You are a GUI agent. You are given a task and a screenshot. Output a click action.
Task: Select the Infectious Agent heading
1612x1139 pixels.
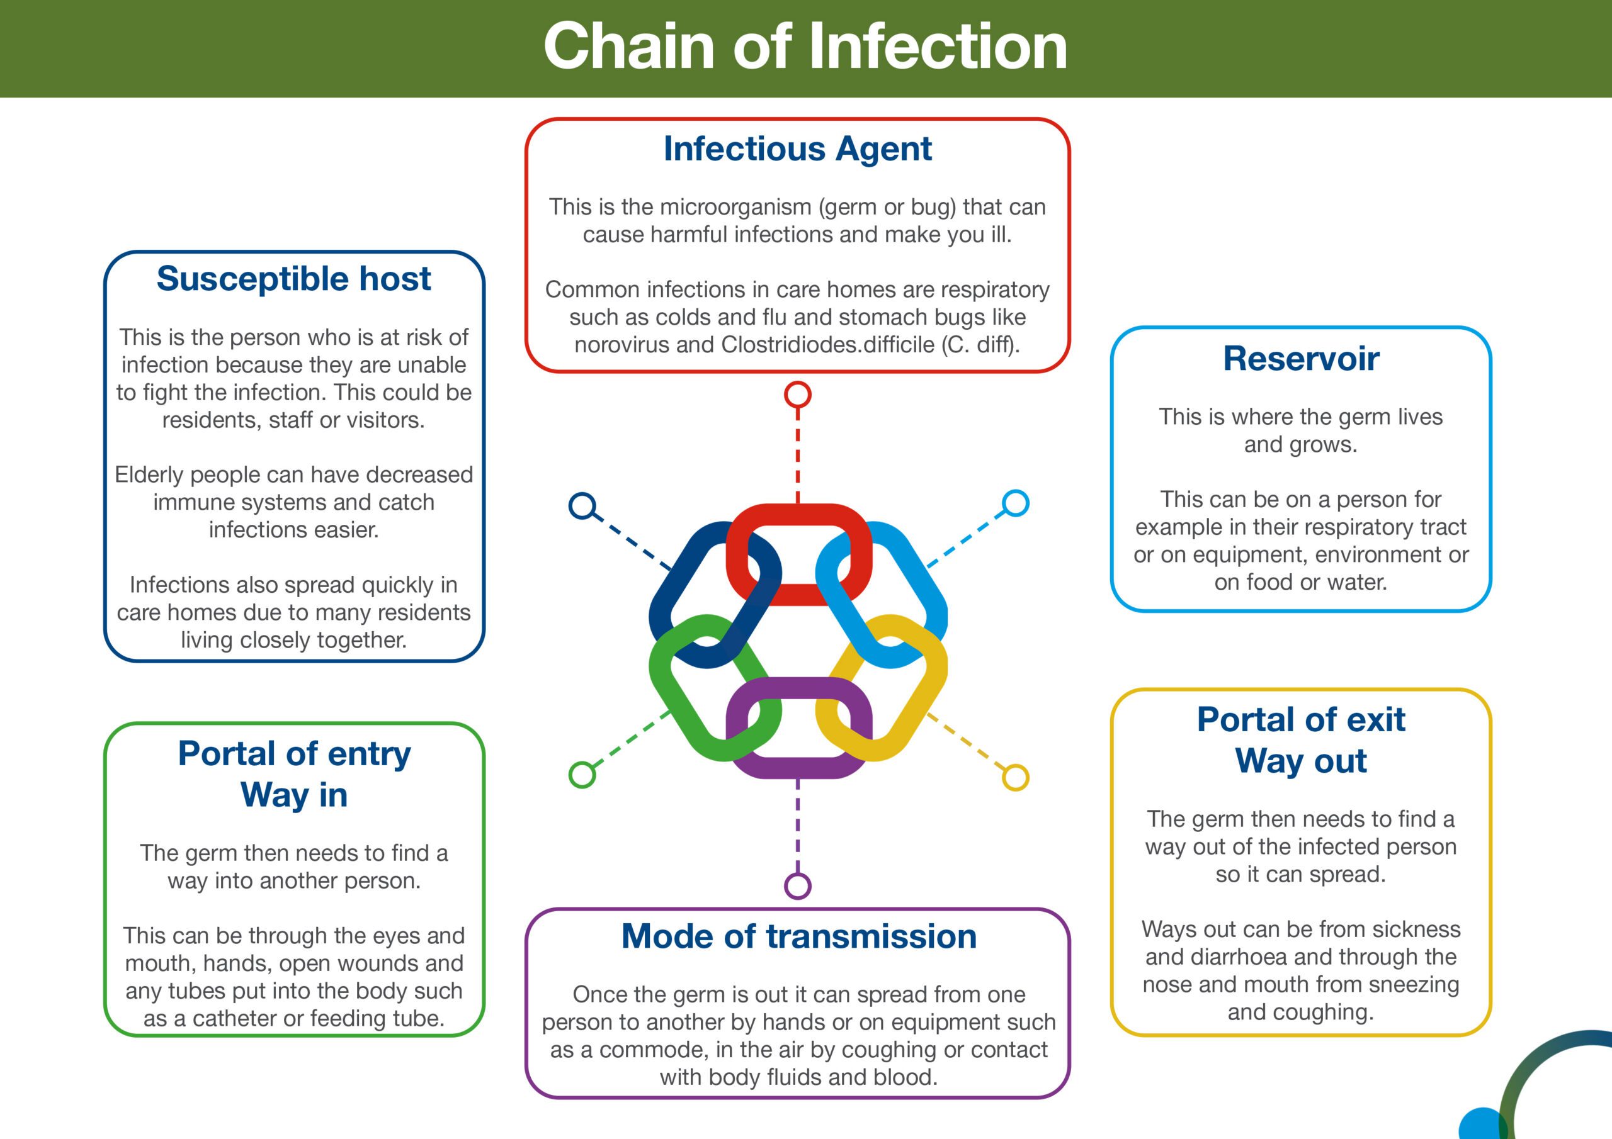tap(798, 149)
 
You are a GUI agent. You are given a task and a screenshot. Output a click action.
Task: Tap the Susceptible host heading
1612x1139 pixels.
tap(293, 279)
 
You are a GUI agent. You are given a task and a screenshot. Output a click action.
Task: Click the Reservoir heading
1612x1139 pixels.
tap(1300, 359)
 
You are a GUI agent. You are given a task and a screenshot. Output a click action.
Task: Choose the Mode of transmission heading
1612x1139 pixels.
tap(798, 936)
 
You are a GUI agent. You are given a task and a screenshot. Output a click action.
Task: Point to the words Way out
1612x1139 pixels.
tap(1300, 761)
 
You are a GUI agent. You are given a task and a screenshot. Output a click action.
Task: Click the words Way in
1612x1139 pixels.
tap(293, 795)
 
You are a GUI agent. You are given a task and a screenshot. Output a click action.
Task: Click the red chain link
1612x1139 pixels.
tap(798, 514)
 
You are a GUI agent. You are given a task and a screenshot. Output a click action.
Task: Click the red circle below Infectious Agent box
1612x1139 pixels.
tap(798, 395)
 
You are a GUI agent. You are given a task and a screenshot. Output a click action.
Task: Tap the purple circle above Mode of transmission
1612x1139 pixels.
tap(798, 885)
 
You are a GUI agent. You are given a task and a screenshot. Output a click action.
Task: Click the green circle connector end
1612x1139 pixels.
tap(582, 775)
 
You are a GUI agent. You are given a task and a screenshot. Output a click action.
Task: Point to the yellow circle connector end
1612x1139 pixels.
tap(1015, 778)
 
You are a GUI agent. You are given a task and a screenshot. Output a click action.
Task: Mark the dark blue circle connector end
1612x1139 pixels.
tap(582, 506)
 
